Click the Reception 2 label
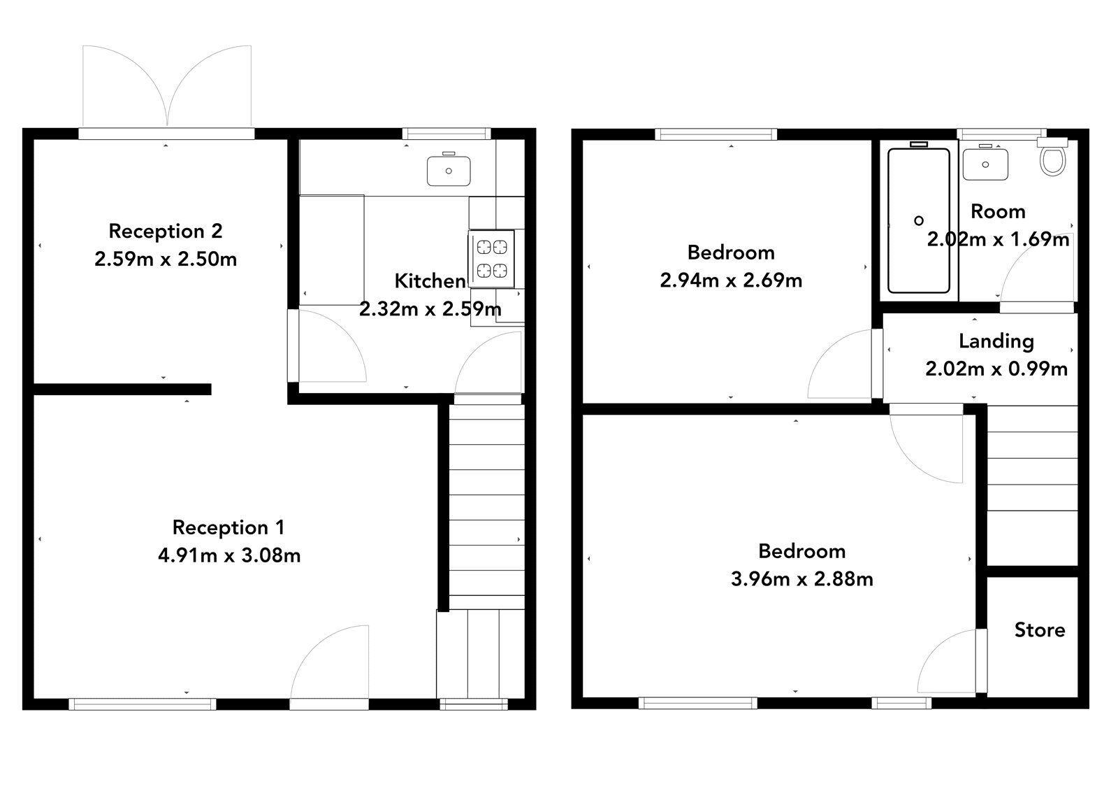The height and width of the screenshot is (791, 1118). coord(166,231)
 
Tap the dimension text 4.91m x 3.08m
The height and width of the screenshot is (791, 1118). coord(229,555)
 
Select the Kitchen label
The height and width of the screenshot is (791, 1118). coord(430,281)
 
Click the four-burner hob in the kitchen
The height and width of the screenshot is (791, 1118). coord(492,258)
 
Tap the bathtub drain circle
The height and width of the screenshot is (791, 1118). coord(919,221)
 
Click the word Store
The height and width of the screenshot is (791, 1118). coord(1039,630)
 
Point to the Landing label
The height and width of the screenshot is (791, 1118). coord(996,341)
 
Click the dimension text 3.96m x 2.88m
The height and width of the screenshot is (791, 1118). coord(801,579)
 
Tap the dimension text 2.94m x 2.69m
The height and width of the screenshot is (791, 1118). coord(730,280)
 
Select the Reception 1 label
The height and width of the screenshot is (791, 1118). coord(228,527)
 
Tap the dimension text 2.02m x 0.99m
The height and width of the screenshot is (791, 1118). coord(996,369)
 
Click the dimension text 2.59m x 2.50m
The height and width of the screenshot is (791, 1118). coord(166,259)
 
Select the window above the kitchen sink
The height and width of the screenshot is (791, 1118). coord(447,133)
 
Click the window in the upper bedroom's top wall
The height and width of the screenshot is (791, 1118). coord(716,134)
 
